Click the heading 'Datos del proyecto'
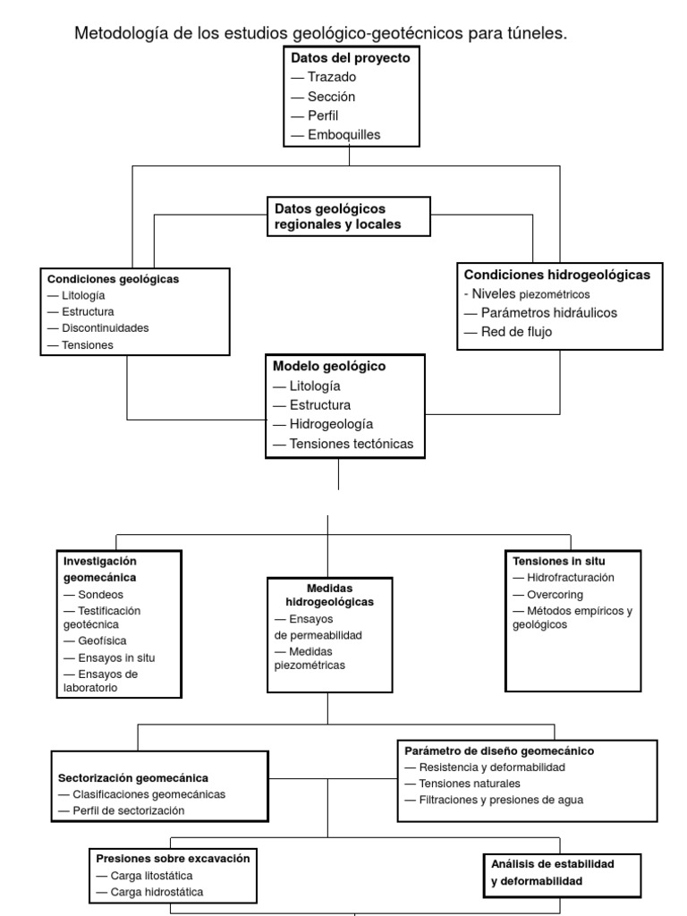click(350, 57)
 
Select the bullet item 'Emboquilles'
click(344, 135)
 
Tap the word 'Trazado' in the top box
click(332, 77)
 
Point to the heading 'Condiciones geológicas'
click(113, 279)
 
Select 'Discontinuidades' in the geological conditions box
click(105, 328)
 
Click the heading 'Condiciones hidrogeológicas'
click(556, 275)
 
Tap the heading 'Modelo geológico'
click(328, 367)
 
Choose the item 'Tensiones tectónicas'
click(352, 445)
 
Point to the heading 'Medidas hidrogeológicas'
click(329, 595)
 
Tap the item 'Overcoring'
click(555, 594)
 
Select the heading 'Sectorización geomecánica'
click(133, 778)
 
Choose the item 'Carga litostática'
click(151, 876)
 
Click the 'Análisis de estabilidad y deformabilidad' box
click(553, 872)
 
